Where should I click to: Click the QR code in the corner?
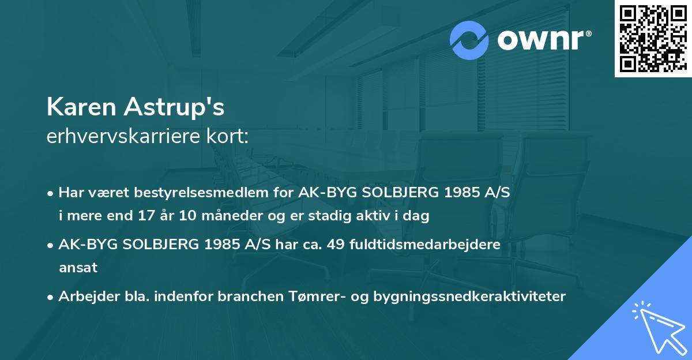(653, 39)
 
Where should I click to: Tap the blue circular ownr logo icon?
(469, 39)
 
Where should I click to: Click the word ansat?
(78, 268)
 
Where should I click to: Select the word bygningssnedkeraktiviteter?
(469, 297)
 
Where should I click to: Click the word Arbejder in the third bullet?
(82, 296)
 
